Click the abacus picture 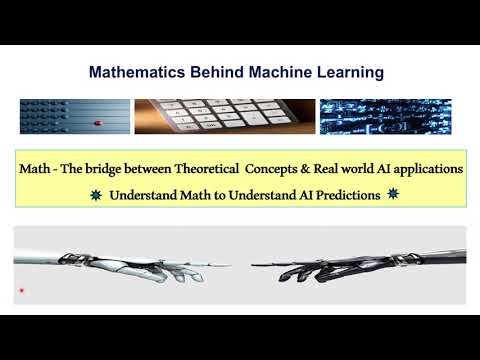(x=73, y=117)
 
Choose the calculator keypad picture (x=224, y=117)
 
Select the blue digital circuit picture (x=385, y=117)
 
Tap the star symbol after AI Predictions (x=393, y=194)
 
